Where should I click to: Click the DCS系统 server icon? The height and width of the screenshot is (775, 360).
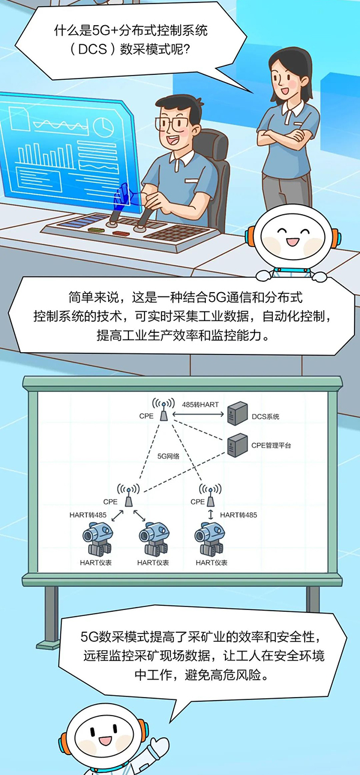pyautogui.click(x=237, y=414)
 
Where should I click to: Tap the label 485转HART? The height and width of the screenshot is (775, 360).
pyautogui.click(x=200, y=405)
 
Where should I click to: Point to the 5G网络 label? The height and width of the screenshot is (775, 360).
pyautogui.click(x=169, y=456)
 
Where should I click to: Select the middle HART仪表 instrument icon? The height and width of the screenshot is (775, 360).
pyautogui.click(x=153, y=539)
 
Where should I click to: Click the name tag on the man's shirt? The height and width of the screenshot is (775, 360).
pyautogui.click(x=191, y=179)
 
